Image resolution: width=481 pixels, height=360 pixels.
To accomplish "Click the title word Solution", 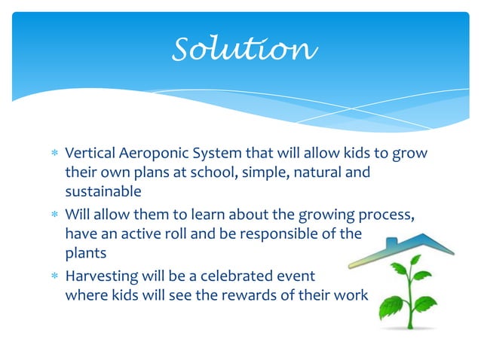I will pyautogui.click(x=241, y=50).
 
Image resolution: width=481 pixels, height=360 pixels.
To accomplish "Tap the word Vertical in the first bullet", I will pyautogui.click(x=89, y=154).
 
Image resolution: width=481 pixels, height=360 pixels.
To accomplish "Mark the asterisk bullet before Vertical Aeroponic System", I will pyautogui.click(x=54, y=154).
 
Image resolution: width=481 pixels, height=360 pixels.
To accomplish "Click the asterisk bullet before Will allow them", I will pyautogui.click(x=54, y=215).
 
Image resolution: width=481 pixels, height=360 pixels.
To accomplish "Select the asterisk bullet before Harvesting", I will pyautogui.click(x=54, y=276).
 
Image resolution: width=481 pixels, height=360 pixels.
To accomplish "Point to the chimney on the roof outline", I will pyautogui.click(x=391, y=244).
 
